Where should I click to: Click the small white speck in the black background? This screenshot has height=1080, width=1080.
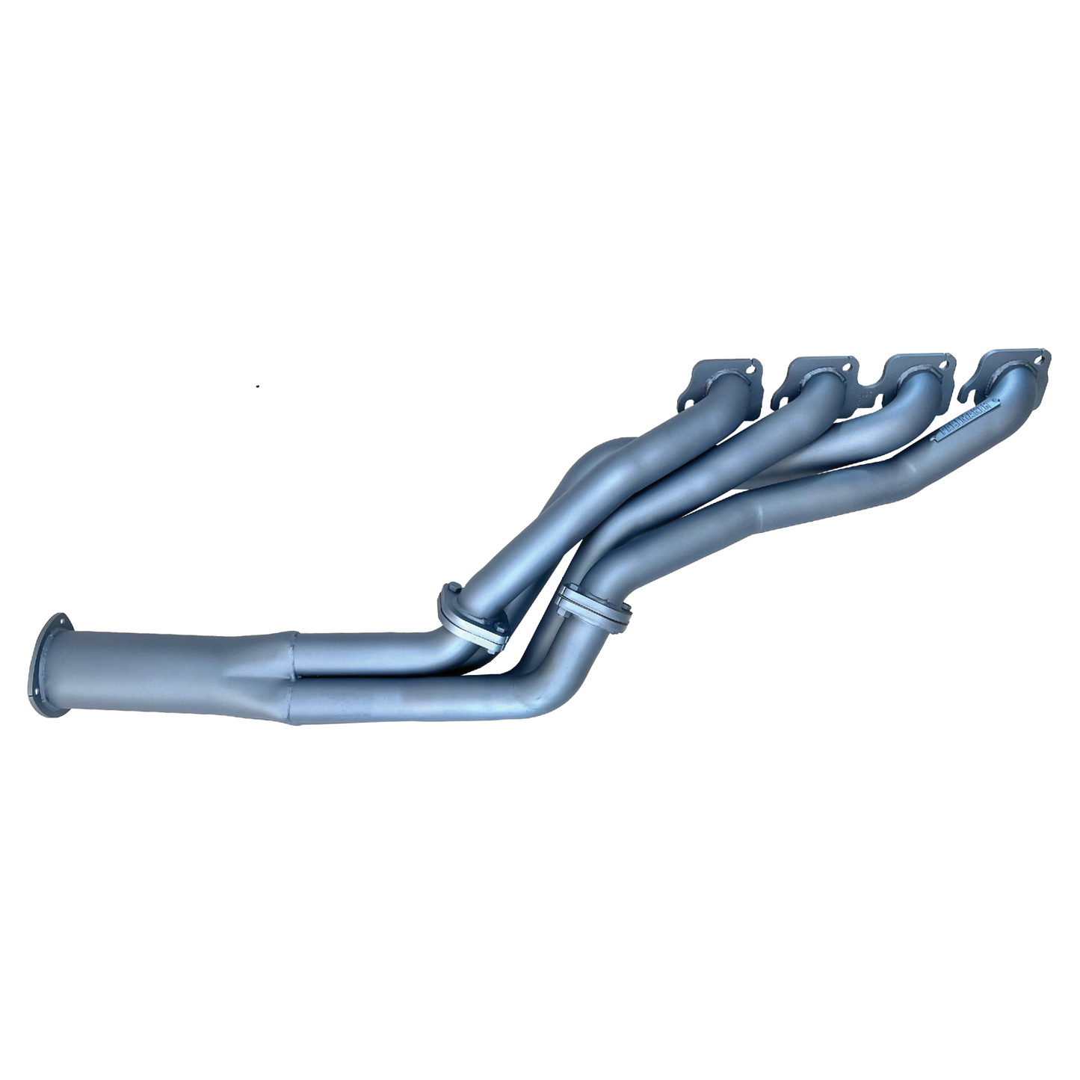coord(257,386)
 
